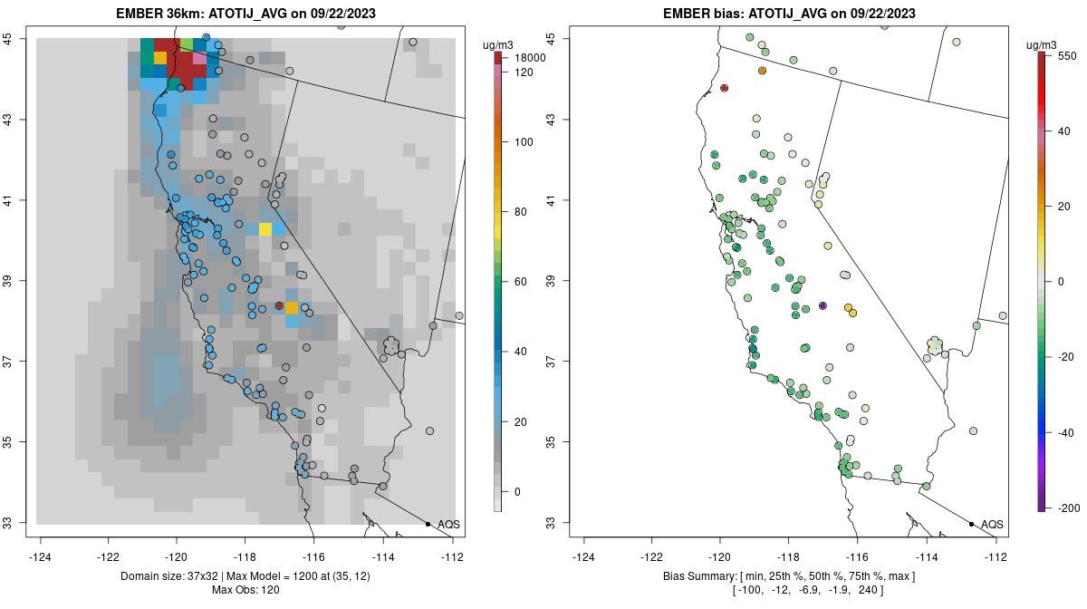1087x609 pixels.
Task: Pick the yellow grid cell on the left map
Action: (x=265, y=229)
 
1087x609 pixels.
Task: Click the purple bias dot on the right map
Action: (x=822, y=305)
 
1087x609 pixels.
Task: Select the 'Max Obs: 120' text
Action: (x=246, y=591)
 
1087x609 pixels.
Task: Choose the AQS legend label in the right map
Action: (x=992, y=524)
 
